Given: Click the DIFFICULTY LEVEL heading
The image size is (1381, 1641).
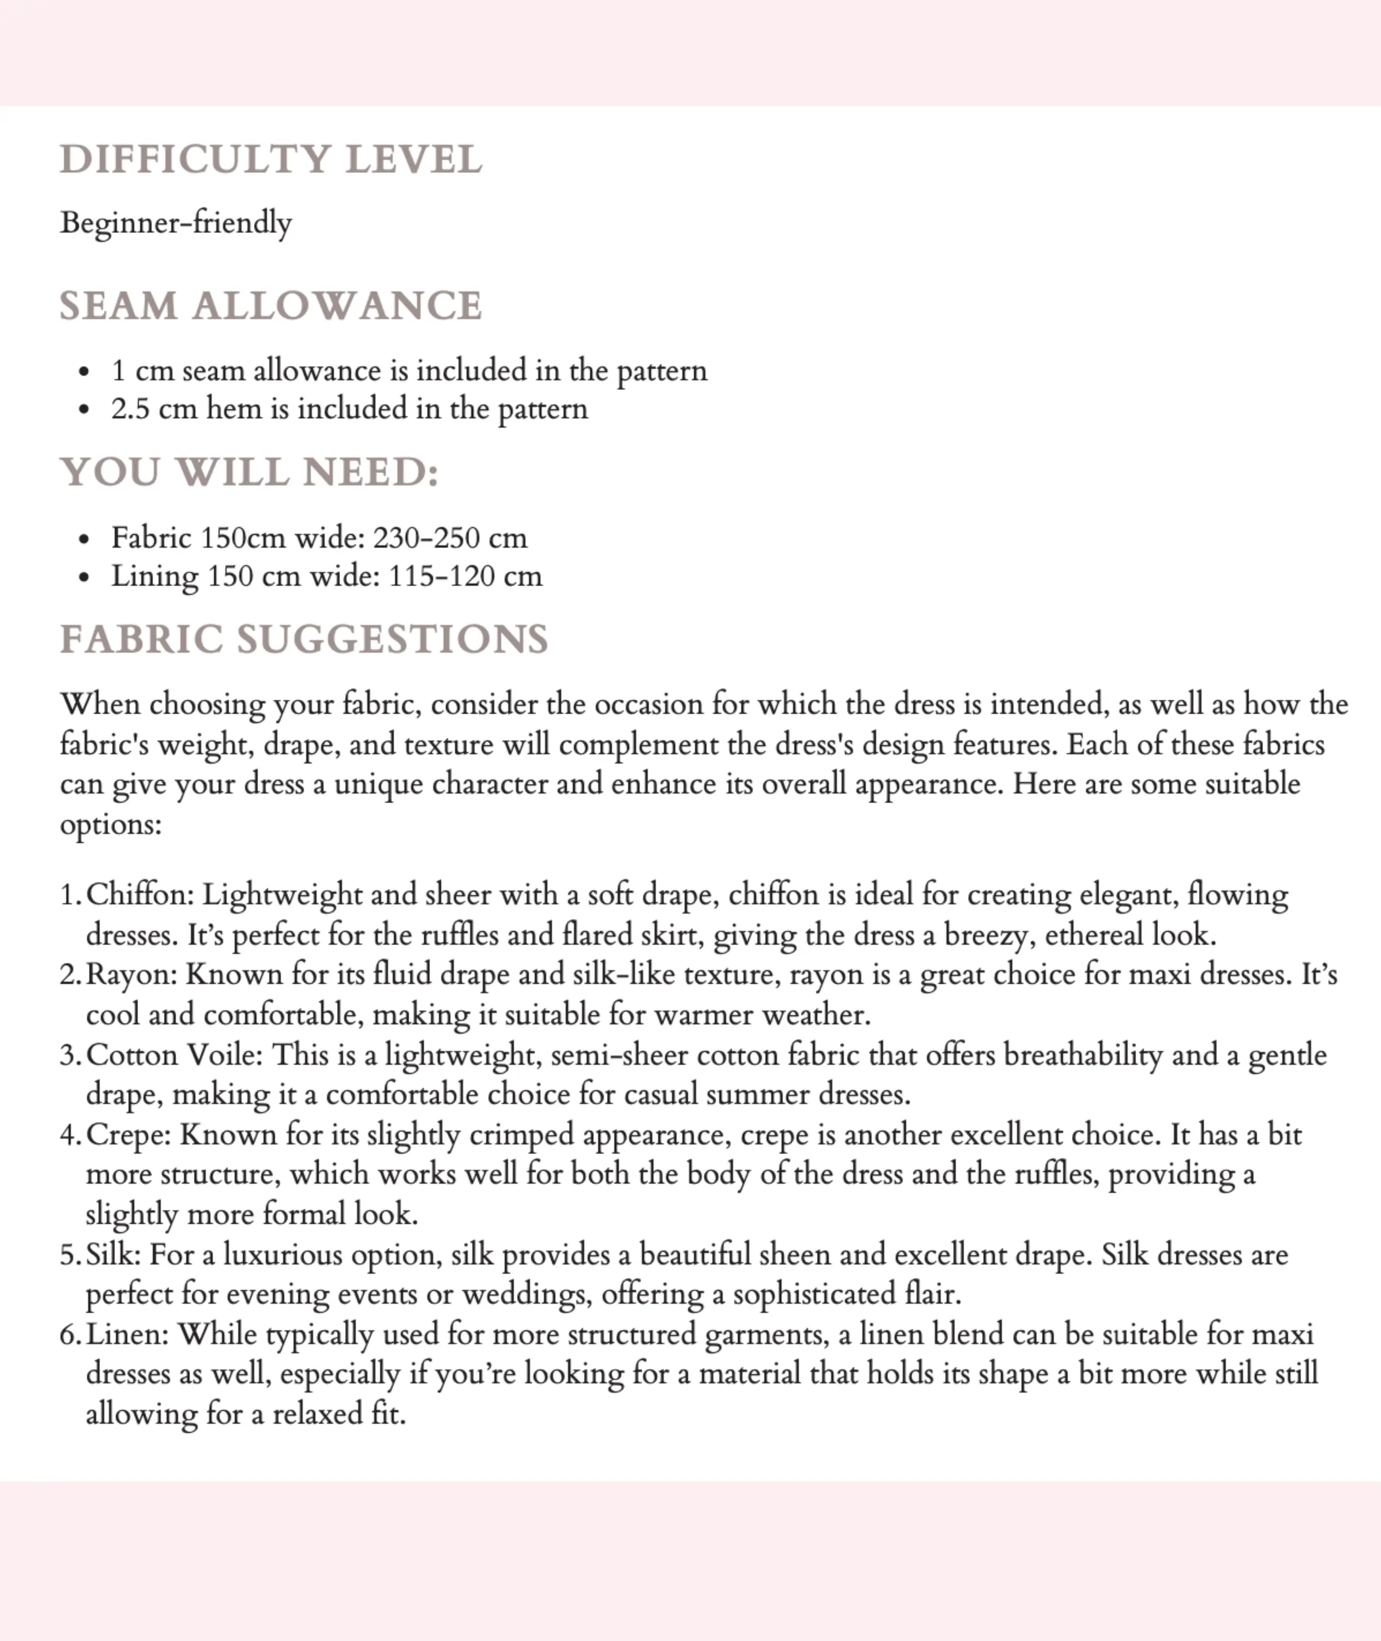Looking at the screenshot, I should point(271,160).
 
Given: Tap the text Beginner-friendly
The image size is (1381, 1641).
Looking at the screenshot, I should point(176,223).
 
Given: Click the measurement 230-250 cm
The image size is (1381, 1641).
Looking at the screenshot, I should point(450,538).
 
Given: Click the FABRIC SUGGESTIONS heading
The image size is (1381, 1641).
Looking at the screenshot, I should point(305,640).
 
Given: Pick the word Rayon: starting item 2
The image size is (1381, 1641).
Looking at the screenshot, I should point(131,975).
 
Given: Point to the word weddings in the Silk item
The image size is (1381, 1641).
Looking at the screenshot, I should point(527,1295).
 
